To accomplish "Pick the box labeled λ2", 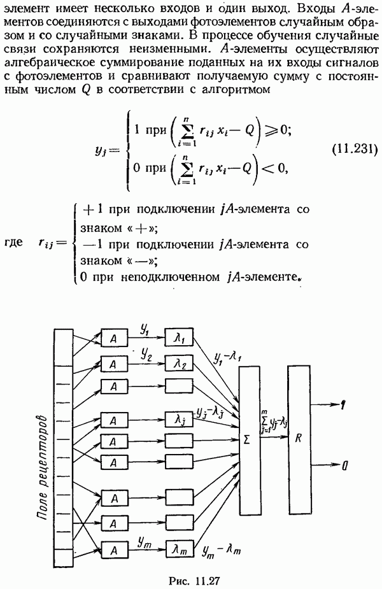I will tap(179, 364).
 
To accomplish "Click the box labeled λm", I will tap(179, 548).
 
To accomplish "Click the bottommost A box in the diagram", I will tap(114, 548).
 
